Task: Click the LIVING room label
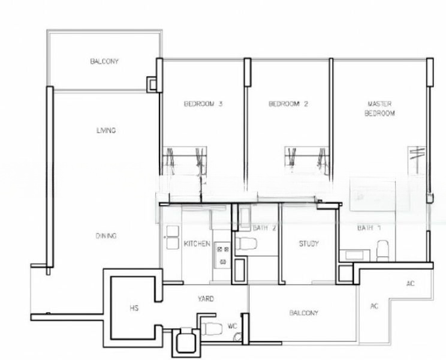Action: [106, 130]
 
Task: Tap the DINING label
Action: [106, 236]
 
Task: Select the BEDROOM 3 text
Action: [203, 104]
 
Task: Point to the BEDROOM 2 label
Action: [288, 104]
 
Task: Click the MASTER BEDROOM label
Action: [379, 108]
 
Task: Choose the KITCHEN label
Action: [197, 244]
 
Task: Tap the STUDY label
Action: [309, 244]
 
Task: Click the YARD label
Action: [206, 298]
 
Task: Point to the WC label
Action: [232, 327]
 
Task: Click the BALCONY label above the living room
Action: [104, 61]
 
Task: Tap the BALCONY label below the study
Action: [303, 313]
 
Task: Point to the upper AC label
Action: [411, 283]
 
